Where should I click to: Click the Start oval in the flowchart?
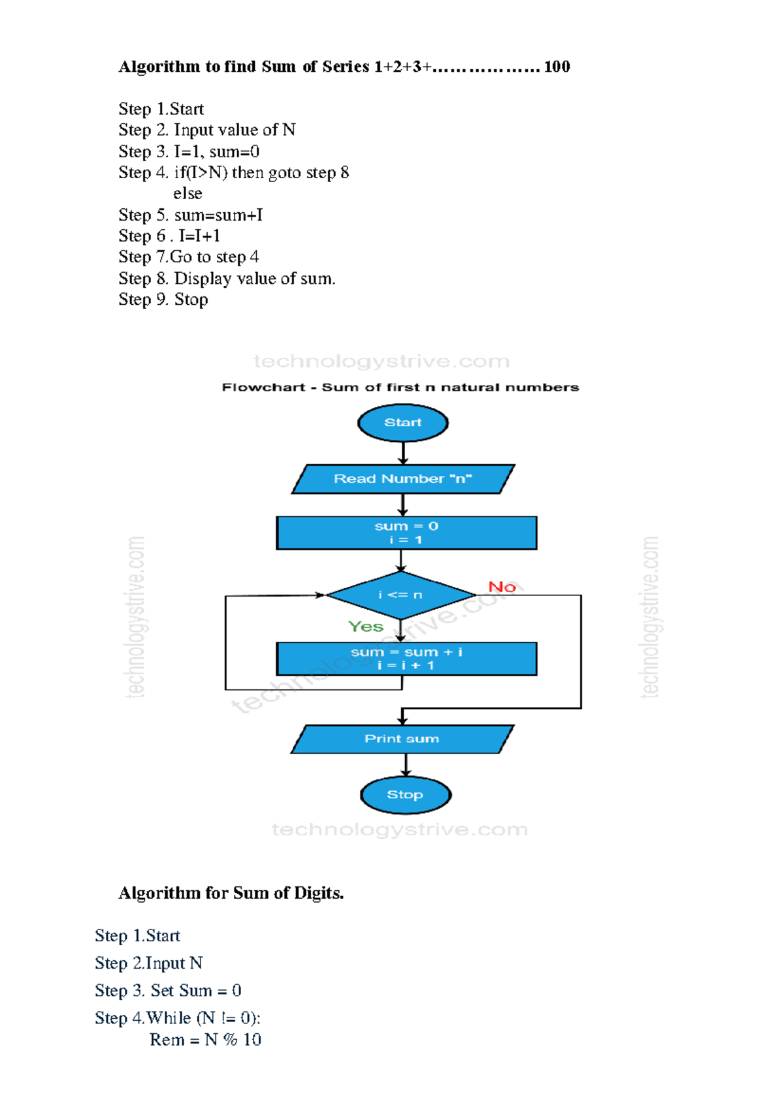(402, 422)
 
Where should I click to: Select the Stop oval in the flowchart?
(405, 794)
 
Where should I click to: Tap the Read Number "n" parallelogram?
(402, 478)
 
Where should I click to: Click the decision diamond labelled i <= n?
(400, 595)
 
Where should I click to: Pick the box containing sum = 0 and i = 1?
(406, 533)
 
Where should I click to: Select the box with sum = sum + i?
(406, 659)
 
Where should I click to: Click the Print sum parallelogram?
(402, 739)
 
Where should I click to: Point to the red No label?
(502, 587)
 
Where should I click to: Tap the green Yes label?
(365, 627)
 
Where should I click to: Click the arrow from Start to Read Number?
(403, 453)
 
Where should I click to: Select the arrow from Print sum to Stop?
(406, 764)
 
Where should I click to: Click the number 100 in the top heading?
(557, 67)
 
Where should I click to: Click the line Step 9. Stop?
(163, 300)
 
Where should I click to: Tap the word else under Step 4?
(188, 193)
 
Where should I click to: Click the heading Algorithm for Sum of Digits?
(231, 893)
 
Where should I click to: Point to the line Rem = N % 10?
(205, 1040)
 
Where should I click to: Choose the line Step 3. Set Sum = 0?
(168, 990)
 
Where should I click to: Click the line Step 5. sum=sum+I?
(190, 215)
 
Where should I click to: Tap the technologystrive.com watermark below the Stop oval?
(399, 830)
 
